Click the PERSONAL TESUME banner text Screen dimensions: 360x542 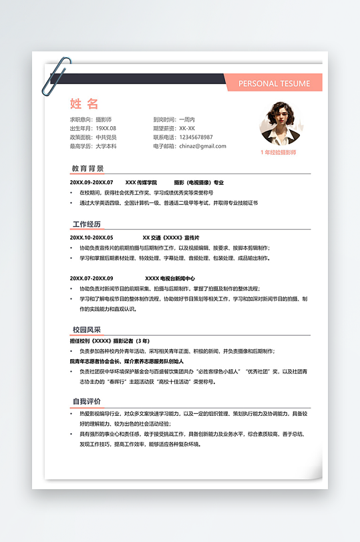274,83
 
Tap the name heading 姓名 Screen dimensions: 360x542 84,103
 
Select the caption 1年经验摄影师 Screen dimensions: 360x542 278,152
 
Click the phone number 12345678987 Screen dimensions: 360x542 192,137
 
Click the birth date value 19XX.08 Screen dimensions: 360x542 106,128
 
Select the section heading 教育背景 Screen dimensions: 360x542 88,168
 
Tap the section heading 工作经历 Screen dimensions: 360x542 88,224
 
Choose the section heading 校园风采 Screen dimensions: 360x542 87,330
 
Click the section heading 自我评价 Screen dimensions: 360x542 87,401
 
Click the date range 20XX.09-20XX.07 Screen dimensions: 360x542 92,182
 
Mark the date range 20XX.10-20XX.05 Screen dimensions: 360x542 92,238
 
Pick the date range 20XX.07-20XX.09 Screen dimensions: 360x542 92,278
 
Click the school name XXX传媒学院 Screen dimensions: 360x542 141,182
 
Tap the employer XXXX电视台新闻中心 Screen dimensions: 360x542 170,278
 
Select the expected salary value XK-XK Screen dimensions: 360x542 183,128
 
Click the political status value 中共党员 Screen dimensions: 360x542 106,137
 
